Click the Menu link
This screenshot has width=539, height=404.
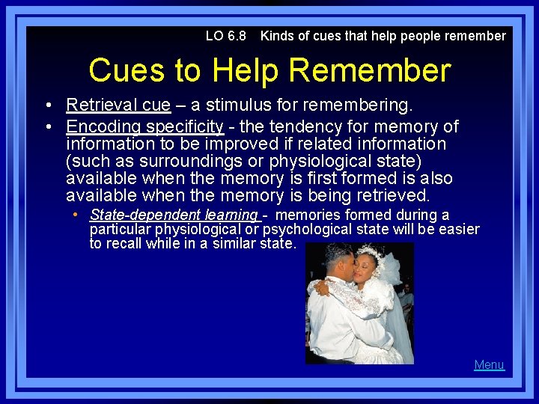coord(489,365)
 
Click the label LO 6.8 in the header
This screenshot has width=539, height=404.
coord(225,36)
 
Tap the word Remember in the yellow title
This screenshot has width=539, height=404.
coord(369,70)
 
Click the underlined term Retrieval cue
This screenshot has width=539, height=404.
coord(118,105)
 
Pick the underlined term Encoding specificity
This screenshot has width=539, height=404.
coord(144,126)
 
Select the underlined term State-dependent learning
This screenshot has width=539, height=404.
coord(174,215)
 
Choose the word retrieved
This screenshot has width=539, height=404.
coord(392,196)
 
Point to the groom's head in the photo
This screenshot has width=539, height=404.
coord(332,258)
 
